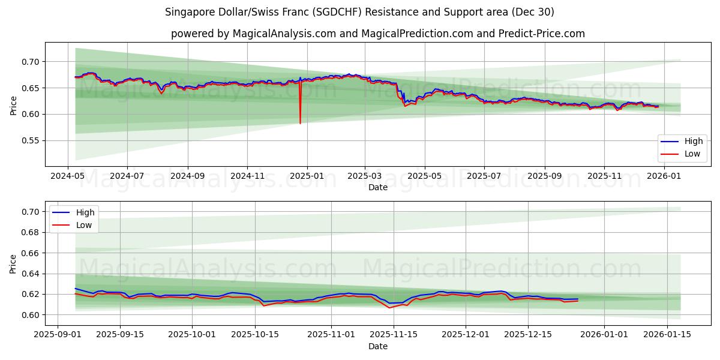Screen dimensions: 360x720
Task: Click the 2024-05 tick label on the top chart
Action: click(67, 176)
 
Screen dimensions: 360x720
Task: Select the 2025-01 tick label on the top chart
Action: click(307, 176)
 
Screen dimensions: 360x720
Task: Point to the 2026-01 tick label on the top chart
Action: click(664, 176)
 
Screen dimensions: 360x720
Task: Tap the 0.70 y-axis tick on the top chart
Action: click(31, 62)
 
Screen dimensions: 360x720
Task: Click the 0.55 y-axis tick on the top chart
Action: click(31, 140)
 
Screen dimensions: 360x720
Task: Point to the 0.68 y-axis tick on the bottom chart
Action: click(31, 232)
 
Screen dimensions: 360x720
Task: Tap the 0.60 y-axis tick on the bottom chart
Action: click(31, 315)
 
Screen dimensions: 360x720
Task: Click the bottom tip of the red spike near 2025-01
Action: click(300, 124)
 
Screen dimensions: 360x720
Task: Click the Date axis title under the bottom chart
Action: click(378, 346)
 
